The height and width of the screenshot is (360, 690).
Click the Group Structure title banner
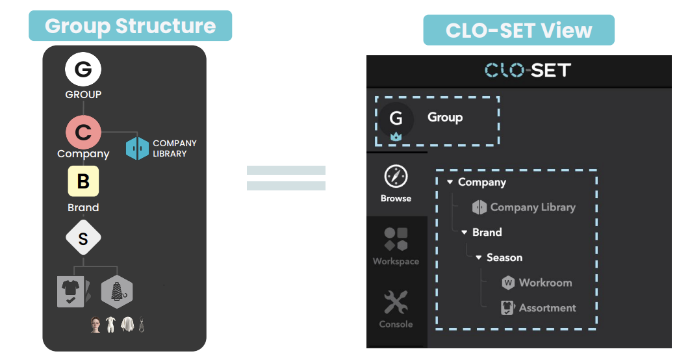(130, 26)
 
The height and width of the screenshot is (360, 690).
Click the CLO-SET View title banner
(518, 31)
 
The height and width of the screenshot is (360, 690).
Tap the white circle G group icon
(83, 69)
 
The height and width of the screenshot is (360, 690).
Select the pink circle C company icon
(83, 133)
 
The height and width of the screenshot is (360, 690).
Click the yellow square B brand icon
(83, 181)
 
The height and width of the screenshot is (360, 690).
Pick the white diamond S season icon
(83, 238)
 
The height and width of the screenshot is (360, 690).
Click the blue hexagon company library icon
(137, 148)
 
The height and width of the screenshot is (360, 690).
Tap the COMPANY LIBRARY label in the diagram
(174, 148)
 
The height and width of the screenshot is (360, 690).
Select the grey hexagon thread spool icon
(117, 291)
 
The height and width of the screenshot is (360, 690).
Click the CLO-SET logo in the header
(527, 70)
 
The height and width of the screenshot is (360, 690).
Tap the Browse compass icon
(396, 177)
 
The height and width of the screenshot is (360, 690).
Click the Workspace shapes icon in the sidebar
(396, 239)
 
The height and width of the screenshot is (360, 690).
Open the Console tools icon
(396, 302)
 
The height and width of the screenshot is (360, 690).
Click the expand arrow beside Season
(479, 258)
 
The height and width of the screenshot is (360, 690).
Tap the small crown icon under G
(396, 137)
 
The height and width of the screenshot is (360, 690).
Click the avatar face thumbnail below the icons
(96, 325)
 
